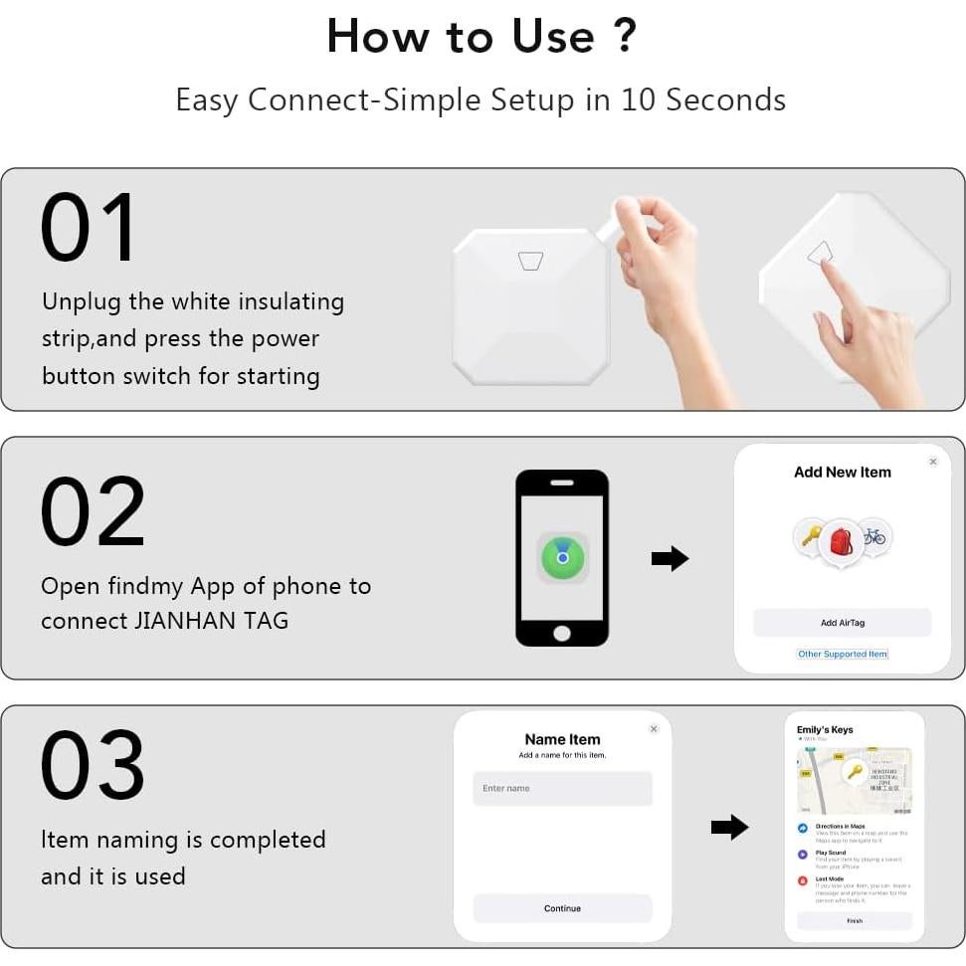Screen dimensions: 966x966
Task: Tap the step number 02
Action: [x=93, y=511]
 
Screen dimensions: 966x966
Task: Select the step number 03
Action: [x=93, y=766]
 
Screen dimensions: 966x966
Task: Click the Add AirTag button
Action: [x=842, y=623]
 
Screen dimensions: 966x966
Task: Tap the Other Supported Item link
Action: [x=842, y=655]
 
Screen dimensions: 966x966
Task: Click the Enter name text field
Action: [x=562, y=789]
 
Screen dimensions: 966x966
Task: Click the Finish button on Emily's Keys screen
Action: [x=855, y=921]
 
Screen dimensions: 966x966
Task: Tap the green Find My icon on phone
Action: [x=562, y=558]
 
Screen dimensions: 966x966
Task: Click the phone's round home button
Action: [x=562, y=633]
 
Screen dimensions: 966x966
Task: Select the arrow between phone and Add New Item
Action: [x=671, y=559]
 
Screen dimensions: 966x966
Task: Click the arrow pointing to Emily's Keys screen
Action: [x=729, y=827]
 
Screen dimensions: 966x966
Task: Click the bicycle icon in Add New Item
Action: [x=874, y=537]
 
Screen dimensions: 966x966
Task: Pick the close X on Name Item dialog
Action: [x=654, y=729]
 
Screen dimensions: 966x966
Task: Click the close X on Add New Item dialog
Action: [x=932, y=462]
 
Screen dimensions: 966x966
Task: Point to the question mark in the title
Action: [x=625, y=37]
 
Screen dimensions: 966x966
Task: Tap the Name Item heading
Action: [x=562, y=739]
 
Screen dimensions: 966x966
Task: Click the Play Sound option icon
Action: [x=803, y=855]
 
